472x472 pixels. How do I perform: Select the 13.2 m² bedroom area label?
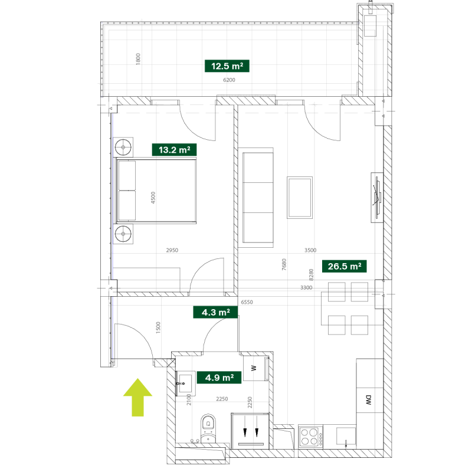point(174,150)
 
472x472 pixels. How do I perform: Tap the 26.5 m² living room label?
point(345,266)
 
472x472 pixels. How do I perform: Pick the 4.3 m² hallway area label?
point(215,312)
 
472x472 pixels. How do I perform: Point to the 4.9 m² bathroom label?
point(219,377)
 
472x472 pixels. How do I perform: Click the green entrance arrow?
point(137,397)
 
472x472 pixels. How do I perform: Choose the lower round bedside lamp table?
point(124,234)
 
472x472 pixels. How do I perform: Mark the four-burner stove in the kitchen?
point(309,437)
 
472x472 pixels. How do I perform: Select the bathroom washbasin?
point(186,382)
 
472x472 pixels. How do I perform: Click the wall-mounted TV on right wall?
point(376,197)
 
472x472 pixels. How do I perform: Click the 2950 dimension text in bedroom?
point(172,251)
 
